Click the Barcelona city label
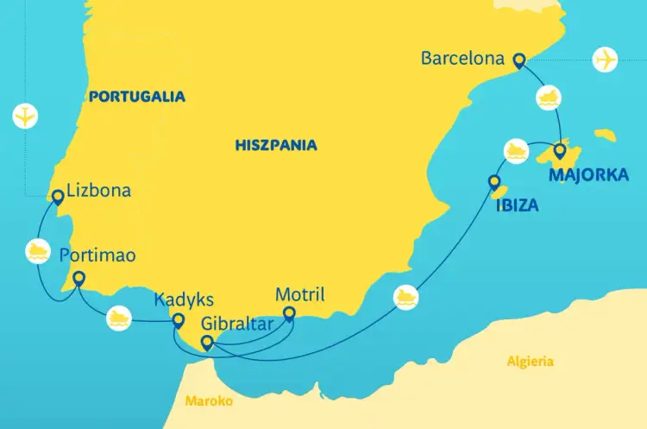462,60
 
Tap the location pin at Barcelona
518,60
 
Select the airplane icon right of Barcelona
606,60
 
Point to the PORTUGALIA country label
136,97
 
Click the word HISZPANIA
276,145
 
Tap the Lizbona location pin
58,197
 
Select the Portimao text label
97,256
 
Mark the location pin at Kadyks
179,322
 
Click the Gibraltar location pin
207,344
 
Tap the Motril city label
299,295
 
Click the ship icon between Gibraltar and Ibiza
407,298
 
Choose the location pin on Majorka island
560,152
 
